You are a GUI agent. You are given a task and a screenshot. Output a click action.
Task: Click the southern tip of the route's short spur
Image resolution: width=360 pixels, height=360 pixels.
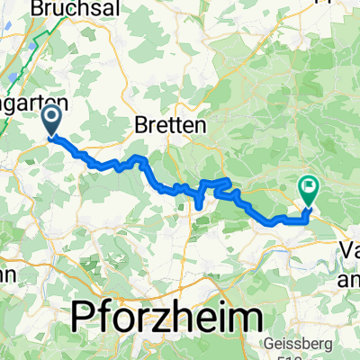click(198, 209)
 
